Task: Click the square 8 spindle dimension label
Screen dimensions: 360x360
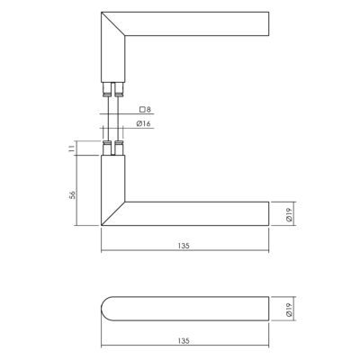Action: (145, 110)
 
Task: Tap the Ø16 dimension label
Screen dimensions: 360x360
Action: (143, 123)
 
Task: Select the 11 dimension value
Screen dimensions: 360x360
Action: (71, 148)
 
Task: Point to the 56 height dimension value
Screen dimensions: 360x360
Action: (72, 194)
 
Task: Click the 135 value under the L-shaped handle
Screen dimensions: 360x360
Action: (184, 246)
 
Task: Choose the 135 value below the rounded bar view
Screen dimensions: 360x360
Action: (184, 341)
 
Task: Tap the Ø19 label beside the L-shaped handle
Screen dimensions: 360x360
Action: (289, 214)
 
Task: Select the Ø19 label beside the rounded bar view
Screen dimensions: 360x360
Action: (289, 310)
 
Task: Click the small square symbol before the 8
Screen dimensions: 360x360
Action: (142, 110)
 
